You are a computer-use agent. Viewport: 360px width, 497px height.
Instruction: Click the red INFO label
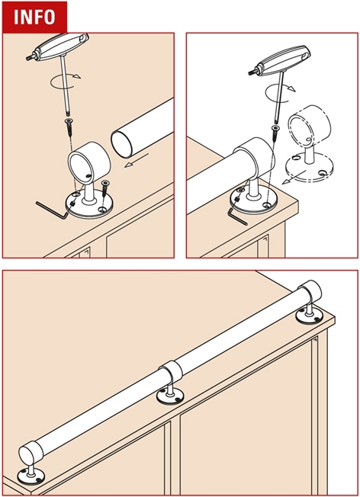[34, 17]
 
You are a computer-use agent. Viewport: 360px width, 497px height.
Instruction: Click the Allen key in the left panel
[51, 210]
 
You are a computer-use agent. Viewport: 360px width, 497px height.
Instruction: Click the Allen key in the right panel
[236, 216]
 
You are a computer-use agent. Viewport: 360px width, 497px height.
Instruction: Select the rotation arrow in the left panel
[66, 81]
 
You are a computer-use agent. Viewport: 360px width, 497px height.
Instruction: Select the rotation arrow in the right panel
[280, 92]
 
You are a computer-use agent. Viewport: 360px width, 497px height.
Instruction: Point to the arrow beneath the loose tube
[137, 160]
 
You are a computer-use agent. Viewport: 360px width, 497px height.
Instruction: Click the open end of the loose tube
[121, 145]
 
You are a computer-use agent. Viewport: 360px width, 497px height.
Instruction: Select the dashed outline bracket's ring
[309, 126]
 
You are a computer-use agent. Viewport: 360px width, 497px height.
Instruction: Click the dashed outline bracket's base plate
[309, 168]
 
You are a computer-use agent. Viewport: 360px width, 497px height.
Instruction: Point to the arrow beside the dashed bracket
[294, 178]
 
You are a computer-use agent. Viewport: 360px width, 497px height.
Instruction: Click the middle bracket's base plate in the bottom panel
[170, 396]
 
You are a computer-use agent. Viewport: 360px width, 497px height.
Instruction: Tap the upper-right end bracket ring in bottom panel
[310, 292]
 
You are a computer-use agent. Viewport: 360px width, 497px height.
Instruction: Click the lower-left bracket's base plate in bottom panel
[31, 476]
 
